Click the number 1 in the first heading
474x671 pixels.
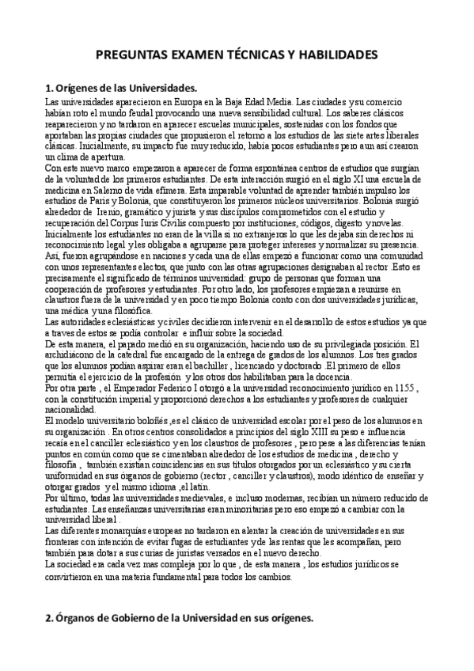(48, 88)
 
